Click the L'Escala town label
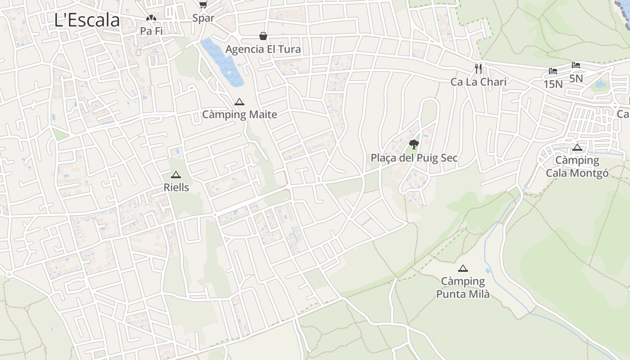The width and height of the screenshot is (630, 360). point(87,20)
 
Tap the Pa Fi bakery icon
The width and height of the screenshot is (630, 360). point(151,18)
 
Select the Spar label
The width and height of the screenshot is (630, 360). point(203,18)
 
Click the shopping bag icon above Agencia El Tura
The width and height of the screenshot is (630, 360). point(263,36)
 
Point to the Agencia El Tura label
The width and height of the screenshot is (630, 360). point(263,49)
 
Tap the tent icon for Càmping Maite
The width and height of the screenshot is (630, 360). point(239,102)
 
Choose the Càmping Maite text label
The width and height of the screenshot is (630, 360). point(239,114)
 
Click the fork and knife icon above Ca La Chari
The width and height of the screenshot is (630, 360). point(478,69)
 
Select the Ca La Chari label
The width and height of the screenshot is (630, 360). point(478,82)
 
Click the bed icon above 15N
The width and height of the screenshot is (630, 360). point(553,71)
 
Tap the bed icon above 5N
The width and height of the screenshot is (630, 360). point(576,65)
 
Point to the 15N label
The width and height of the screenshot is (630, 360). point(553,84)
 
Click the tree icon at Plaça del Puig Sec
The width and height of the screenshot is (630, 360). point(414,144)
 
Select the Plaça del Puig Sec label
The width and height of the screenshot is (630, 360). point(414,158)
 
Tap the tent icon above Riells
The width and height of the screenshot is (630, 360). point(176,175)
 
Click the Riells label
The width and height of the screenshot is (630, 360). point(176,187)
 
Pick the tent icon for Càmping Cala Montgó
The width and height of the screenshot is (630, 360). point(577,147)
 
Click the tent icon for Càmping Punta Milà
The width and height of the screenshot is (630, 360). point(463,268)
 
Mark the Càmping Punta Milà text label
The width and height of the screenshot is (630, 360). point(463,288)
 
